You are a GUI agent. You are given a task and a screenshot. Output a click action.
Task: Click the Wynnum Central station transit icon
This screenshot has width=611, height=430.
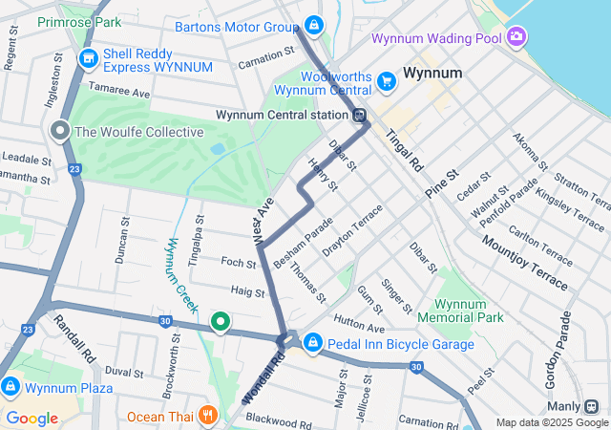pos(360,117)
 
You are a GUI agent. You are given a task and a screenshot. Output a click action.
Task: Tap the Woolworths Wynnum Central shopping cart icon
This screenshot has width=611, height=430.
pos(387,81)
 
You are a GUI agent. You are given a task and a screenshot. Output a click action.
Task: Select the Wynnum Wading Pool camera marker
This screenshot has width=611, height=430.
pos(516,37)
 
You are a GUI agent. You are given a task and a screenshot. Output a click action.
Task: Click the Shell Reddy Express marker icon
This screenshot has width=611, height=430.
pos(89,59)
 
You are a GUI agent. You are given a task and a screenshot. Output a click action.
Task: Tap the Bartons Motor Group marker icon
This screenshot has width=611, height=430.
pos(314,25)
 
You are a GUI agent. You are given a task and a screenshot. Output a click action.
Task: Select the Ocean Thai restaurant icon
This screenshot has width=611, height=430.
pos(207,416)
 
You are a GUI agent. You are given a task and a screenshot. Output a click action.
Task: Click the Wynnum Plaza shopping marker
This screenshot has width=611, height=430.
pos(11,387)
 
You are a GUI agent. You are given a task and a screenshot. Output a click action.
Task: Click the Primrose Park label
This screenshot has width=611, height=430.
pos(79,21)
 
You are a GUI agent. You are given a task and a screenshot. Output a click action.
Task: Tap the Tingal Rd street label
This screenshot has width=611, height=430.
pos(405,151)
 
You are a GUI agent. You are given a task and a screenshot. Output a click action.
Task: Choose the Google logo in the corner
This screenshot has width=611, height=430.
pos(32,418)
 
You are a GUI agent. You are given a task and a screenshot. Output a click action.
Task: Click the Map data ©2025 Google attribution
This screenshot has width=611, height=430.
pos(551,422)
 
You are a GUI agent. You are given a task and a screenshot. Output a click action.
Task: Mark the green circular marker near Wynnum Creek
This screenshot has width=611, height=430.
pos(220,323)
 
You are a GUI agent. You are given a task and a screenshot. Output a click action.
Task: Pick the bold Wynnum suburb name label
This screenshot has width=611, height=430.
pos(432,73)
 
